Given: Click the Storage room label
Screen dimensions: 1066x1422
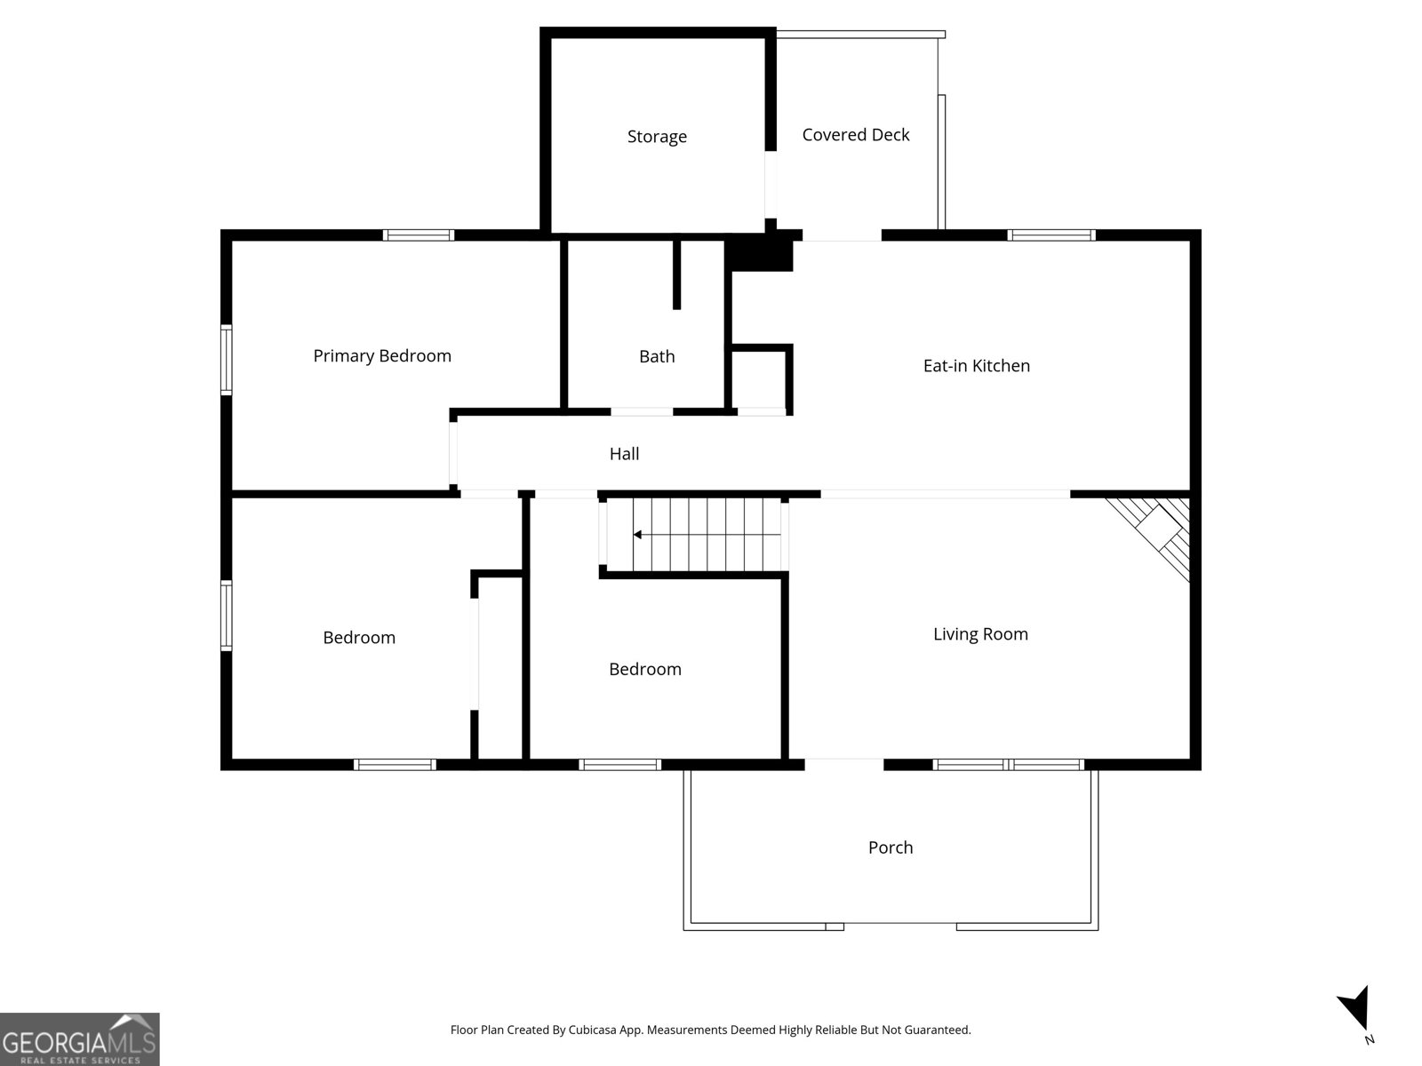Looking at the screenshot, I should pyautogui.click(x=657, y=137).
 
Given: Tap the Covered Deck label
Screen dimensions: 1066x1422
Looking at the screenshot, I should pyautogui.click(x=855, y=135).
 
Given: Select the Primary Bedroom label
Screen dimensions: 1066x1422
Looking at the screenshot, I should pyautogui.click(x=382, y=356).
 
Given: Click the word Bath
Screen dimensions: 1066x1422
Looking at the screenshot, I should pyautogui.click(x=657, y=357).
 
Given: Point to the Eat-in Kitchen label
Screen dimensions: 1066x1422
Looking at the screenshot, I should pyautogui.click(x=976, y=366).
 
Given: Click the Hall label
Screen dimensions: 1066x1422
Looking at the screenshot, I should pyautogui.click(x=624, y=454).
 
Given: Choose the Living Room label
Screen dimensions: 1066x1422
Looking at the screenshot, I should pyautogui.click(x=980, y=634).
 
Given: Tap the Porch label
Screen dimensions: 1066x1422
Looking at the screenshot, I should pyautogui.click(x=890, y=847).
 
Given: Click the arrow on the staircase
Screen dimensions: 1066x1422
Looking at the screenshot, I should pyautogui.click(x=638, y=535).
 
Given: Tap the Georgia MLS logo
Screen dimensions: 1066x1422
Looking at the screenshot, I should pyautogui.click(x=80, y=1039).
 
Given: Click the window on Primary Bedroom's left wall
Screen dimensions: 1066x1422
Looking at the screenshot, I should pyautogui.click(x=227, y=360).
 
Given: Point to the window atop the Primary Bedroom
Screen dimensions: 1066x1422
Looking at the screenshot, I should pyautogui.click(x=419, y=235).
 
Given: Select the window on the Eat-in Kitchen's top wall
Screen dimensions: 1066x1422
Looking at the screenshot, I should pyautogui.click(x=1051, y=235).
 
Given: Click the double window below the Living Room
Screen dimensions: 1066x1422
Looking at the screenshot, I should pyautogui.click(x=1008, y=764).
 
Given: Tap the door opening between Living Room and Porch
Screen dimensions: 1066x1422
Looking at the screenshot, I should pyautogui.click(x=844, y=763).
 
